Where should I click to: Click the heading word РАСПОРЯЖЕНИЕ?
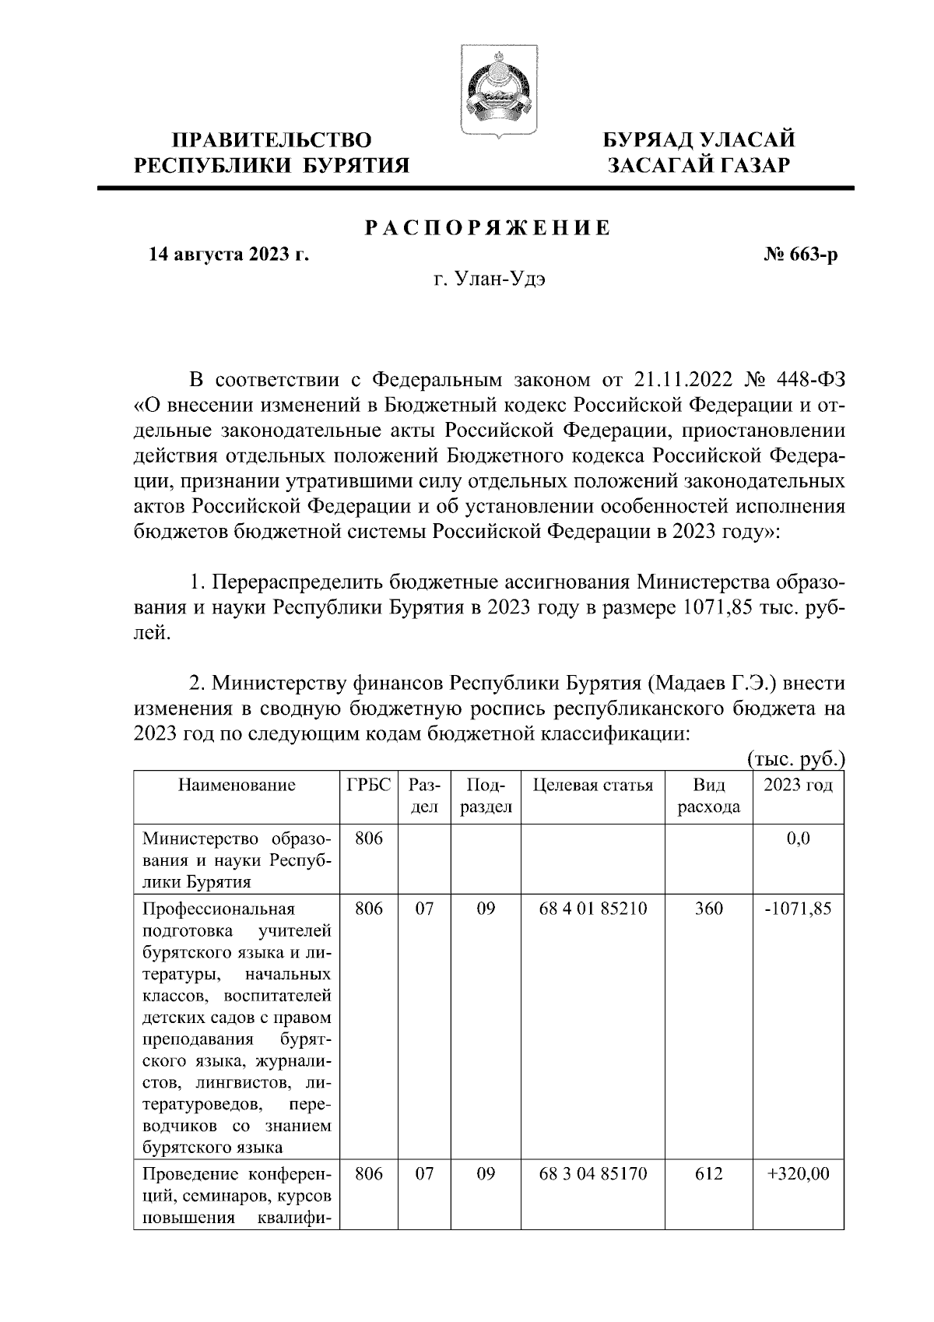coord(488,228)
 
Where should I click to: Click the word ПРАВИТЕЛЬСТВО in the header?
coord(272,140)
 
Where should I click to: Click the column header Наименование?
coord(237,785)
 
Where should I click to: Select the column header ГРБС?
coord(368,785)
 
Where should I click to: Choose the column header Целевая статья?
coord(592,785)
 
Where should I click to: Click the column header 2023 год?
coord(798,785)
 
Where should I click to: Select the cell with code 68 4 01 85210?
coord(592,909)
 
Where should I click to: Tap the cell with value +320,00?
coord(798,1173)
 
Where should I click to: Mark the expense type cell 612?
coord(708,1173)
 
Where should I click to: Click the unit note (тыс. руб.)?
coord(795,759)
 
